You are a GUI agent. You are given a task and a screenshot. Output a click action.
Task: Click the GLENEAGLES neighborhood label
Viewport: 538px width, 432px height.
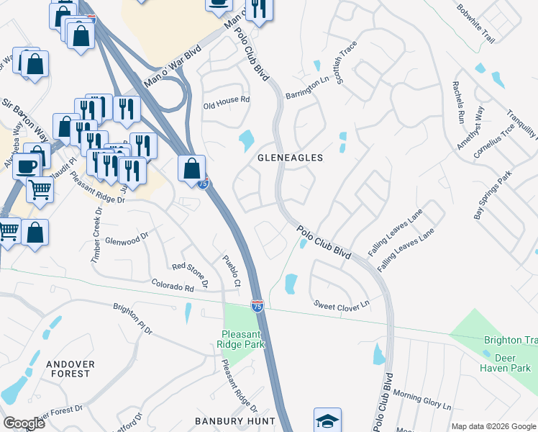pyautogui.click(x=290, y=157)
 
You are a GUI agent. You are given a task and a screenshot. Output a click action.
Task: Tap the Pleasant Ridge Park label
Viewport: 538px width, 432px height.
pyautogui.click(x=243, y=339)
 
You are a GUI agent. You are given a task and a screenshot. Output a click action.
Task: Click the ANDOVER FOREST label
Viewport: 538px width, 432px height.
pyautogui.click(x=69, y=369)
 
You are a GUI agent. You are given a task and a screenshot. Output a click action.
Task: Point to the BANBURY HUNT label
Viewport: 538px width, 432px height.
pyautogui.click(x=235, y=420)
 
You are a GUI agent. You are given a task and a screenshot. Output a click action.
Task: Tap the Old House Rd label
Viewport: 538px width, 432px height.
pyautogui.click(x=226, y=100)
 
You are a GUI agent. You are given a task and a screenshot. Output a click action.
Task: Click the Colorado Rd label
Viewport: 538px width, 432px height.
pyautogui.click(x=173, y=287)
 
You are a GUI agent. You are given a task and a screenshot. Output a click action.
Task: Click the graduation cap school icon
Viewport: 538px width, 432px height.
pyautogui.click(x=327, y=420)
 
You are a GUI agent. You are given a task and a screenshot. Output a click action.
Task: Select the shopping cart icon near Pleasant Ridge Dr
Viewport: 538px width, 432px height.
pyautogui.click(x=40, y=189)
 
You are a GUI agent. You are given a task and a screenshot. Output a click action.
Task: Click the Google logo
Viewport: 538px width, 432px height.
pyautogui.click(x=23, y=423)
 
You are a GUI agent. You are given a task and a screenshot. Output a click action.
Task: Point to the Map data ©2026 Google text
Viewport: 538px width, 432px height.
pyautogui.click(x=493, y=426)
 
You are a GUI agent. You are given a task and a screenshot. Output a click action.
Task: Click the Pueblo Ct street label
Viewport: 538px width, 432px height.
pyautogui.click(x=231, y=270)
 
